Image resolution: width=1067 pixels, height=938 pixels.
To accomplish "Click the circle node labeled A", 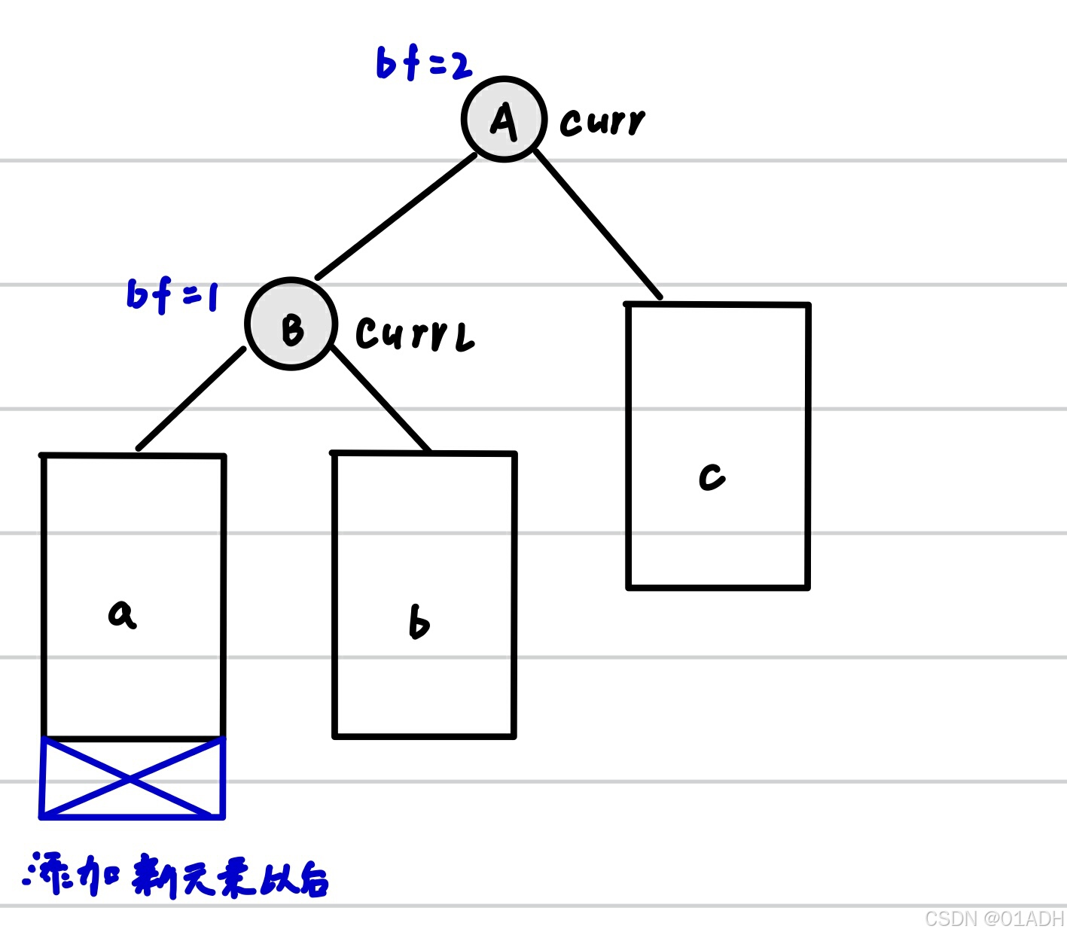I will coord(504,119).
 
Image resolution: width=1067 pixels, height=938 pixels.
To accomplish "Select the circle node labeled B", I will coord(291,324).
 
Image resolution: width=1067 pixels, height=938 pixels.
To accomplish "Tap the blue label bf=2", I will coord(423,64).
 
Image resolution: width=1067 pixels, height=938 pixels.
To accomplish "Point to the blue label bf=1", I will coord(172,294).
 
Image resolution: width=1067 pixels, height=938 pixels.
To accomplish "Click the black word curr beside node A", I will coord(602,122).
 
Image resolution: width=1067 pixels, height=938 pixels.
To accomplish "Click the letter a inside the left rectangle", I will coord(122,614).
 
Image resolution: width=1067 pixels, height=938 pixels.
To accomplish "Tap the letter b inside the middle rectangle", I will coord(419,623).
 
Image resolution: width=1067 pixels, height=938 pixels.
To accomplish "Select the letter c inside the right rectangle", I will coord(712,477).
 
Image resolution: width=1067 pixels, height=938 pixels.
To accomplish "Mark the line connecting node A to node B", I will coord(396,216).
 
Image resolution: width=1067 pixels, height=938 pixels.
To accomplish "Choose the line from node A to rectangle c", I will coord(597,224).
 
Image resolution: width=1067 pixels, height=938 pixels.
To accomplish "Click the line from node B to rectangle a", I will coord(191,399).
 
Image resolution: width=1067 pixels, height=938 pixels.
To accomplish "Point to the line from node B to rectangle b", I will coord(380,399).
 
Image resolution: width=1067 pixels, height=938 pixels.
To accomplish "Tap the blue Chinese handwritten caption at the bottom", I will coord(177,876).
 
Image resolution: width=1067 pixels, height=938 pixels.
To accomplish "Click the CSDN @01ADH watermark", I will coord(993,919).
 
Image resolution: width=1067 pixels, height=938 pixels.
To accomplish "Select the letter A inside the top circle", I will coord(504,121).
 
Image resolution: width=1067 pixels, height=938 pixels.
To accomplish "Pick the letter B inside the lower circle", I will coord(292,329).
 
